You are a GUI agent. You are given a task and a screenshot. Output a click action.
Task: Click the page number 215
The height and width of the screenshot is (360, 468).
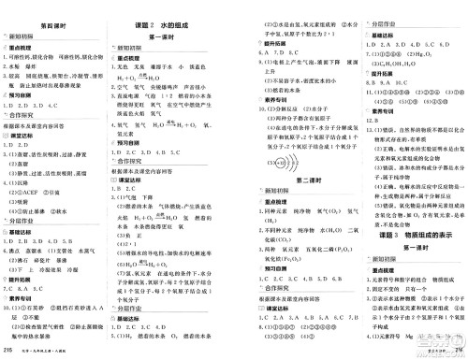click(8, 351)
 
